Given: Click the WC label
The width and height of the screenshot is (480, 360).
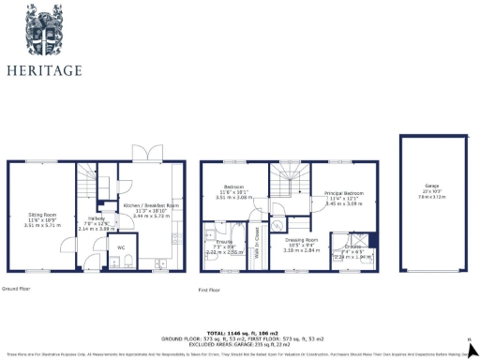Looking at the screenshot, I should tap(120, 247).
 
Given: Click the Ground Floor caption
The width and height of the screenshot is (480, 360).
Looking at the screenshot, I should tap(16, 289).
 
